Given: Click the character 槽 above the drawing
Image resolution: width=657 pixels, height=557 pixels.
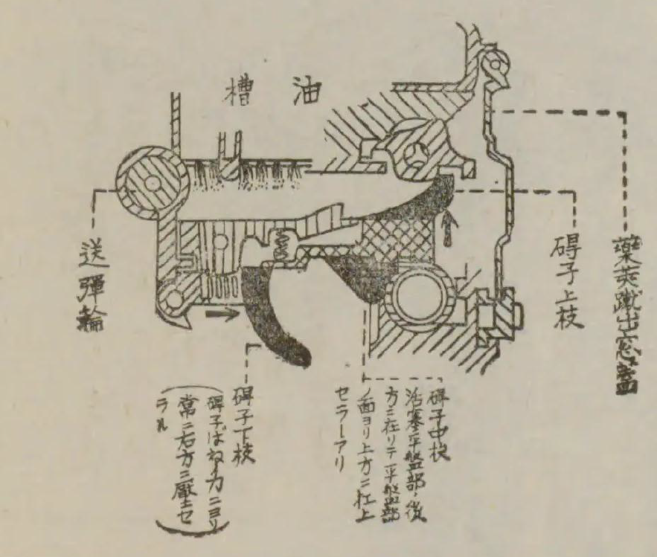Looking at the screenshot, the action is [x=240, y=94].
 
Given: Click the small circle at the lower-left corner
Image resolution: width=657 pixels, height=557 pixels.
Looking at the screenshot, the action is [x=173, y=297].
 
